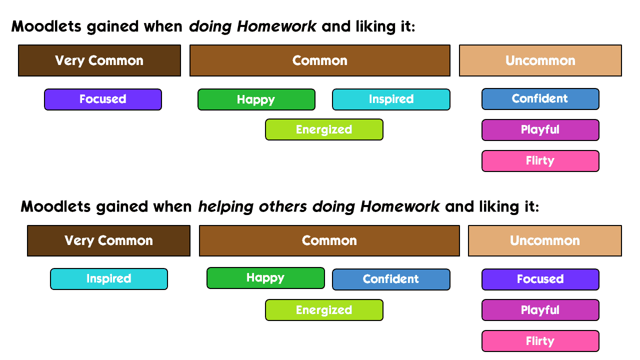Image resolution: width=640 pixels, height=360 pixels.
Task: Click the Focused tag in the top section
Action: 103,99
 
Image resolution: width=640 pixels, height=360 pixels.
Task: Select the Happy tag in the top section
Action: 256,99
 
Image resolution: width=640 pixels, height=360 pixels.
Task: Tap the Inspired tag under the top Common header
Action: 391,99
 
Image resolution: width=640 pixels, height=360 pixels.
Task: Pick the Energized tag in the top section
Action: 324,129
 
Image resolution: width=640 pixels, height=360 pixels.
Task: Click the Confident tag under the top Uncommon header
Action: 540,99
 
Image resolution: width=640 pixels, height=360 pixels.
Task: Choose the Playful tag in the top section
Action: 540,130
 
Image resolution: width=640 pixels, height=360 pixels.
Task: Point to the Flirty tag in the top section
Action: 540,161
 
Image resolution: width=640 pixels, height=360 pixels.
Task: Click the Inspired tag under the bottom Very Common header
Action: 109,279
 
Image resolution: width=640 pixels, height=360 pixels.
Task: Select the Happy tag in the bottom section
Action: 265,278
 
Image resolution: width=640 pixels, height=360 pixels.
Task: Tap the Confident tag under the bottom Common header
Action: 391,279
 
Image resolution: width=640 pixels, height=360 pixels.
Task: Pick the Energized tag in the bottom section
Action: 324,310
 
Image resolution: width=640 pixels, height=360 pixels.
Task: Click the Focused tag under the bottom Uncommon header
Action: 540,279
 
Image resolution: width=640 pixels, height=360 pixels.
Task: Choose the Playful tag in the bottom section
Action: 540,310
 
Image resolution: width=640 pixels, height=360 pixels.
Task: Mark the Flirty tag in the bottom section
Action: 540,341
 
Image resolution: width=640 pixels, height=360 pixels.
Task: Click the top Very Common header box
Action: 99,60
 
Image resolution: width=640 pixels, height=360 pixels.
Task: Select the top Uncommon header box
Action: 540,60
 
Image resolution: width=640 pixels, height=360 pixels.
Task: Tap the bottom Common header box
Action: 329,240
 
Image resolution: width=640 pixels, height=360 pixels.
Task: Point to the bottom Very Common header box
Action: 108,240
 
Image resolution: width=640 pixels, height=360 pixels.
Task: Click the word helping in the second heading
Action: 225,207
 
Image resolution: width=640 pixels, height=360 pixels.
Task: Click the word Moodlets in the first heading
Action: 46,26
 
